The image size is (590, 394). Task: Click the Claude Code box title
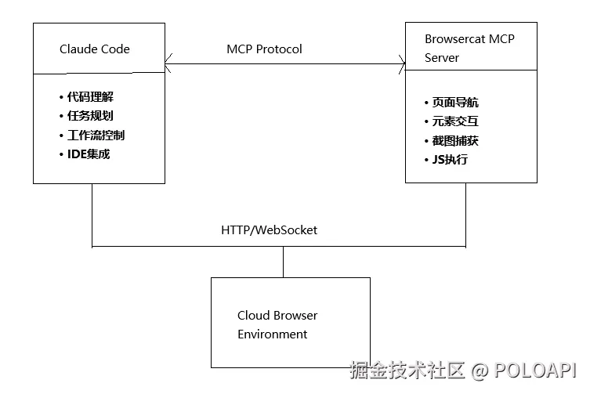pos(95,49)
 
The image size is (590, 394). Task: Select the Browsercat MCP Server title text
pos(469,48)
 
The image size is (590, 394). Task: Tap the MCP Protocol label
pos(264,49)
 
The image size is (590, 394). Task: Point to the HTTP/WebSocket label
pos(269,230)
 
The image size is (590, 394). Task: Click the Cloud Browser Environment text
pos(277,325)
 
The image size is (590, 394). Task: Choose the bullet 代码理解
pos(90,97)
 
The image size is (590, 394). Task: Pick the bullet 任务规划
pos(90,116)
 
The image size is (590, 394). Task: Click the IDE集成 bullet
pos(88,154)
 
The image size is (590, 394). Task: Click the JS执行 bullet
pos(449,160)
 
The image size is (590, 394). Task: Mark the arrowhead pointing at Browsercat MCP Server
pos(401,63)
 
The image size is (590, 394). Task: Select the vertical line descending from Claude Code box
pos(92,215)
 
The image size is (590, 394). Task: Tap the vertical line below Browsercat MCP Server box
pos(466,215)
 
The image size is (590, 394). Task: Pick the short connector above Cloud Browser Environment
pos(284,262)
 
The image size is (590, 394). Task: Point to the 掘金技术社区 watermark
pos(407,369)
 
